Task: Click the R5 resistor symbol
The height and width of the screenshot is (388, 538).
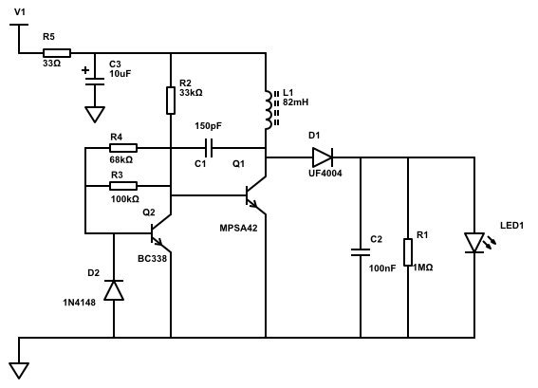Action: (57, 53)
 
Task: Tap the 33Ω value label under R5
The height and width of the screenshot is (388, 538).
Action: (52, 64)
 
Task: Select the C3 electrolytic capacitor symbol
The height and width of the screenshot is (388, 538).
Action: (95, 82)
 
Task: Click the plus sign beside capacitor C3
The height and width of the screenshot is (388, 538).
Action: (85, 70)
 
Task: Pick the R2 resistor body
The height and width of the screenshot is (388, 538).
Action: (171, 101)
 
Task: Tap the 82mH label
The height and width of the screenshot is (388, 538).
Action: (295, 102)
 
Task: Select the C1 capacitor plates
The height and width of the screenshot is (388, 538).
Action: (209, 148)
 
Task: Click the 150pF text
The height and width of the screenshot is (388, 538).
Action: (208, 126)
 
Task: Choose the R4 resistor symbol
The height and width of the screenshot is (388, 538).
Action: (123, 148)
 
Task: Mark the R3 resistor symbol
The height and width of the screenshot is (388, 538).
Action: (123, 186)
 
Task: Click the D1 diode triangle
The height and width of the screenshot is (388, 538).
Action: (323, 157)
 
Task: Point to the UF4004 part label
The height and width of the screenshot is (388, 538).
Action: (325, 174)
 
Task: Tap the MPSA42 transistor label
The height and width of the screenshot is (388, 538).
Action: (238, 228)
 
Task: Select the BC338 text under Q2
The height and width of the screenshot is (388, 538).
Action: (153, 259)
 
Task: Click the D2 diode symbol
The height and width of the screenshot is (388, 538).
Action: (114, 290)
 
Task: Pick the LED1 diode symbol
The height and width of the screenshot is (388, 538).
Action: (475, 243)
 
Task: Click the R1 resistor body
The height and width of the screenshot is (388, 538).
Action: (408, 252)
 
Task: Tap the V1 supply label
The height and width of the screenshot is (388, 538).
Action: (20, 12)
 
